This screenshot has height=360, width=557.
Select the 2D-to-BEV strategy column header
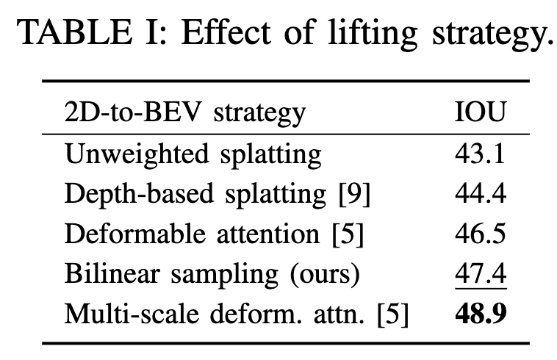[184, 113]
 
